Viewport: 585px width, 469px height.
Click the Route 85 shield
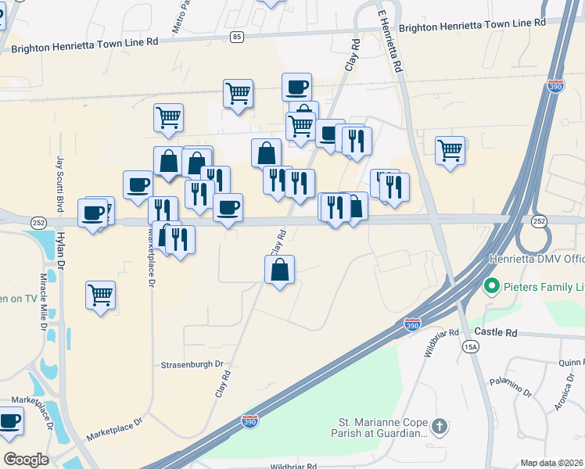click(237, 37)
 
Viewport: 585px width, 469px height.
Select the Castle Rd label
click(496, 332)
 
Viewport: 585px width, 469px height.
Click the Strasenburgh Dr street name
click(192, 364)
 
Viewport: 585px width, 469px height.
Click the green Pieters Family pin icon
click(491, 287)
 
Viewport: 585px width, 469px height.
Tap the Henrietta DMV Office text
click(537, 259)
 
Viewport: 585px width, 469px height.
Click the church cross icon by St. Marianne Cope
click(440, 427)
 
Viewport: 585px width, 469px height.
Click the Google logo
click(26, 460)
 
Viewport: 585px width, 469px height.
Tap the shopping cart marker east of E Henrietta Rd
click(450, 149)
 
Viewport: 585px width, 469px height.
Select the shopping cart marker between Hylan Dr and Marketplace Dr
click(100, 296)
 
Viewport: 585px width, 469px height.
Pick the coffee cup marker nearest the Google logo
click(9, 421)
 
